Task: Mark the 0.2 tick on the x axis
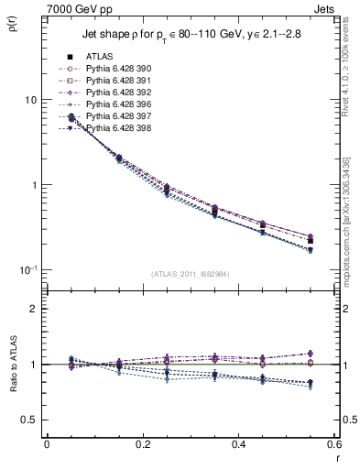click(142, 445)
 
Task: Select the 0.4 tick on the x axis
click(238, 445)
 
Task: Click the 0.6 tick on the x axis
click(333, 445)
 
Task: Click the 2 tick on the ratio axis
click(37, 309)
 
